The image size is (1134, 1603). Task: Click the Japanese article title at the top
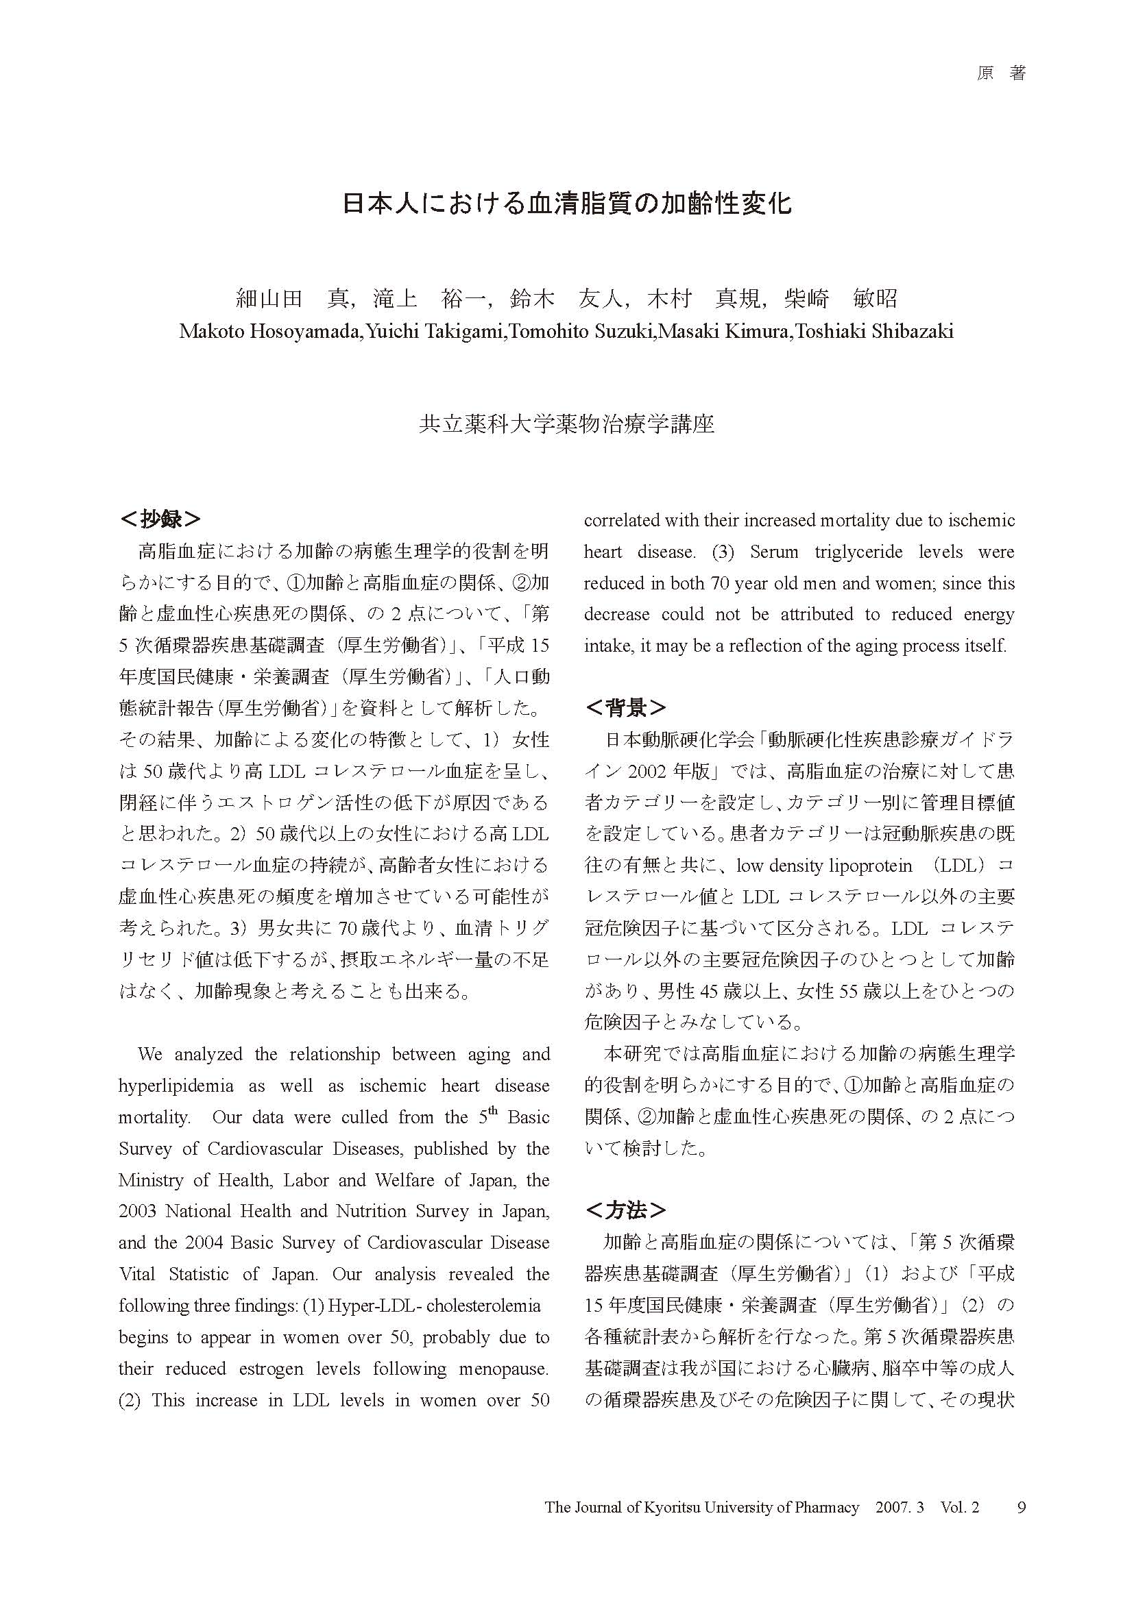(x=566, y=203)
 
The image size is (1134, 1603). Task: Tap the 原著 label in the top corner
(x=1000, y=74)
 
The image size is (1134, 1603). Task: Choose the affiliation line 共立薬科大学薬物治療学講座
(x=566, y=424)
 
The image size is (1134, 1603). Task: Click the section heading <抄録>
(x=160, y=519)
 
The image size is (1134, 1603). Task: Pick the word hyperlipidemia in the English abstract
(x=176, y=1086)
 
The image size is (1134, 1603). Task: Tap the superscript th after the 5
(x=493, y=1111)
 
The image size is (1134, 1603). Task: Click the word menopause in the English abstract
(x=503, y=1369)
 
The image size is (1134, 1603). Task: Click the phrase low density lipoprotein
(x=824, y=866)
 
